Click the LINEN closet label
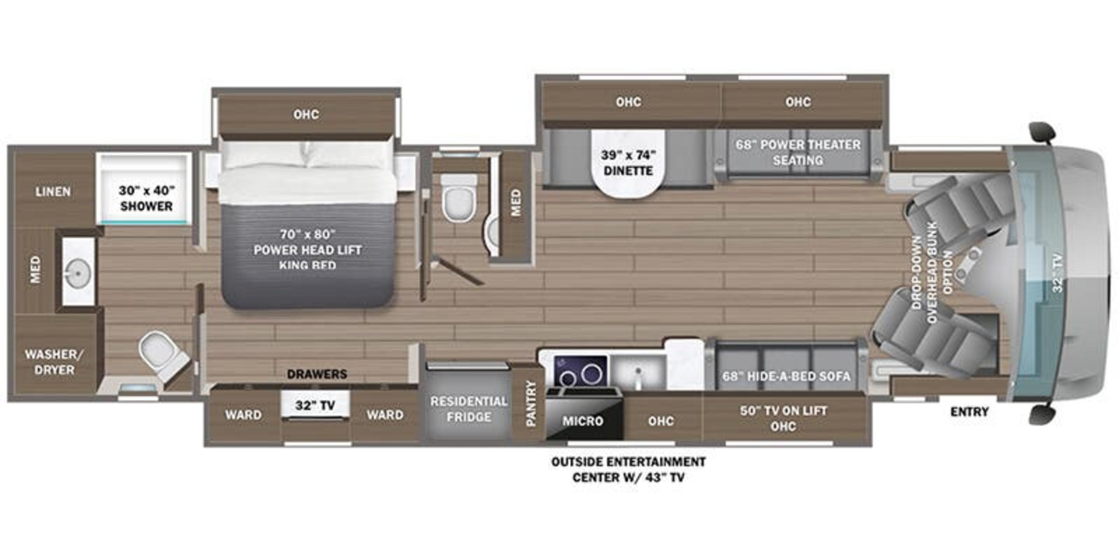pyautogui.click(x=53, y=191)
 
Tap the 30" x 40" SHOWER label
pyautogui.click(x=146, y=198)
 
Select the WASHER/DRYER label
pyautogui.click(x=54, y=362)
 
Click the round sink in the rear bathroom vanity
pyautogui.click(x=78, y=273)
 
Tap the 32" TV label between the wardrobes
pyautogui.click(x=315, y=405)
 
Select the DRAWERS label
pyautogui.click(x=317, y=374)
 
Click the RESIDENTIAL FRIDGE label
pyautogui.click(x=469, y=409)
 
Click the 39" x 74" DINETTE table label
pyautogui.click(x=628, y=163)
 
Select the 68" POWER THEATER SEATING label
pyautogui.click(x=798, y=152)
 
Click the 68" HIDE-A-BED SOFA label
pyautogui.click(x=786, y=376)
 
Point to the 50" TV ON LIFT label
pyautogui.click(x=783, y=410)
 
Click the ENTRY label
pyautogui.click(x=969, y=411)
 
